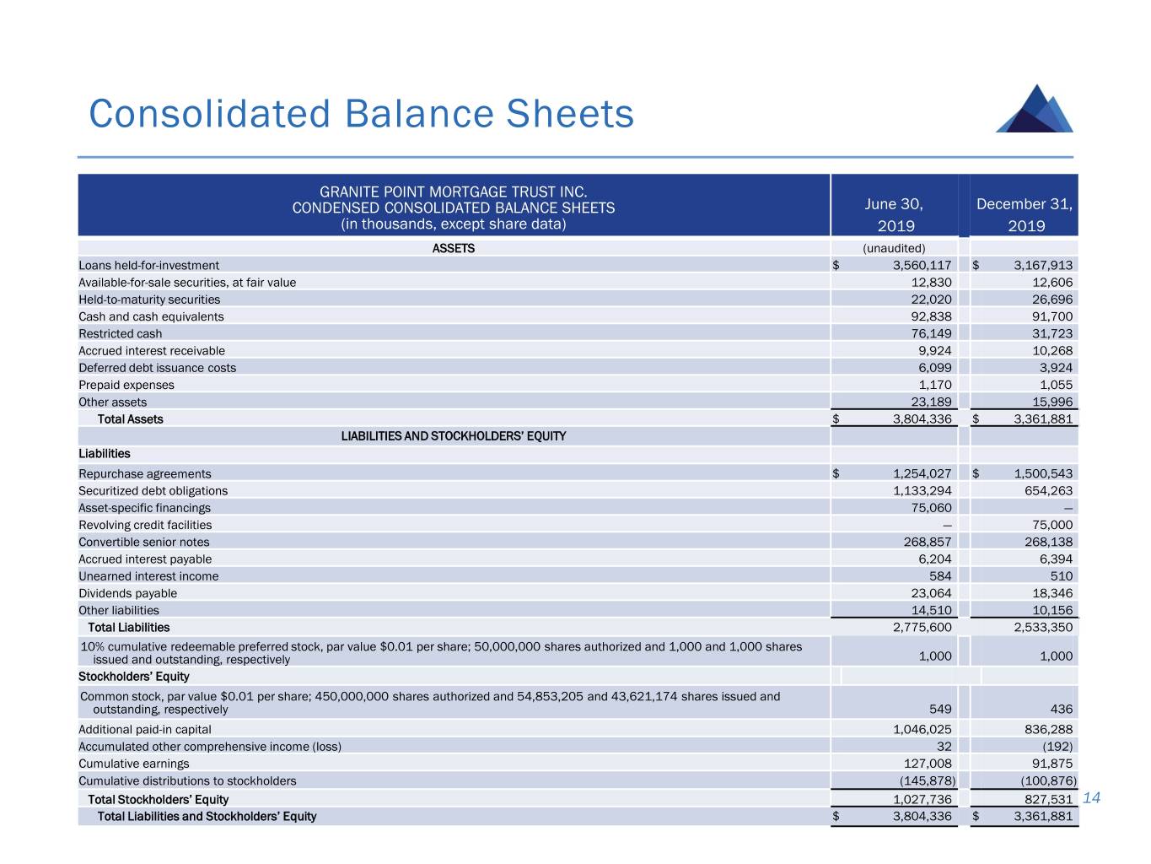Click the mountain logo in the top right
click(x=1035, y=110)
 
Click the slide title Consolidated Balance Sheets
click(x=361, y=114)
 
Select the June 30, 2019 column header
click(x=894, y=214)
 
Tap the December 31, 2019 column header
click(x=1025, y=214)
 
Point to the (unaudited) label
click(x=894, y=248)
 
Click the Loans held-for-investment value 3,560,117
click(x=922, y=265)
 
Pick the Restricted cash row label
click(x=121, y=333)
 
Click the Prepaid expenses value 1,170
click(x=935, y=385)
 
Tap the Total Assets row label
click(x=131, y=419)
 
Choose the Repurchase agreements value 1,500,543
click(x=1043, y=473)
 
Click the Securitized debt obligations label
click(x=153, y=490)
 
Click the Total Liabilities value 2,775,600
click(x=922, y=628)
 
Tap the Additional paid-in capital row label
click(x=145, y=729)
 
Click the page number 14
click(x=1092, y=798)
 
